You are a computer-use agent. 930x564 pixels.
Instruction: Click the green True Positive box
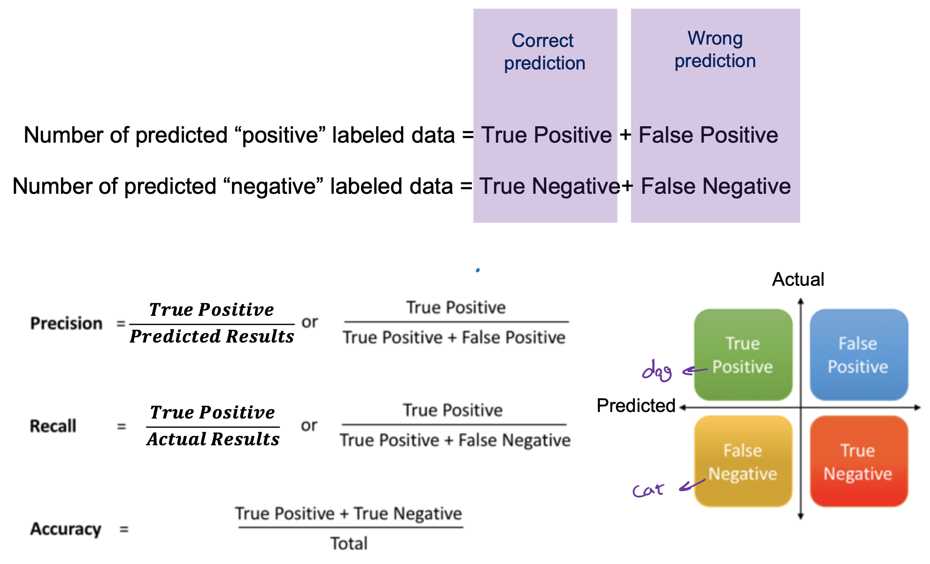click(x=743, y=355)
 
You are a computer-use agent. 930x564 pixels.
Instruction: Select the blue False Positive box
click(x=859, y=355)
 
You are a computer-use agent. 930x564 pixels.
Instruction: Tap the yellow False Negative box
click(x=743, y=461)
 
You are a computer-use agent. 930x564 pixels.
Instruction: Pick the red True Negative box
click(x=859, y=461)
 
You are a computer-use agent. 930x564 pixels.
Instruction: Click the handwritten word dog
click(x=657, y=371)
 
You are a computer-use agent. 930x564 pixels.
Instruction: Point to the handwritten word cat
click(x=648, y=490)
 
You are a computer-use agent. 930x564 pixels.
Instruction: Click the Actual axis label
click(x=798, y=279)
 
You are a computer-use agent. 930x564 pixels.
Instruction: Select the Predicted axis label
click(x=636, y=405)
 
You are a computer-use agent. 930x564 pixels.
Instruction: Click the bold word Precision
click(x=66, y=323)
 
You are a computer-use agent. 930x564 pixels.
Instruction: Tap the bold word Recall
click(x=53, y=426)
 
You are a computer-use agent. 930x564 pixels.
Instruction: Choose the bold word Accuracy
click(x=66, y=529)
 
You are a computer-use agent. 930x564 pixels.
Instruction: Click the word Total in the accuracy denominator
click(x=349, y=543)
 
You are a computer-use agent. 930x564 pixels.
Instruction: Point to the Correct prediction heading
click(x=544, y=52)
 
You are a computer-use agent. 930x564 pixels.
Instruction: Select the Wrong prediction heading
click(x=715, y=49)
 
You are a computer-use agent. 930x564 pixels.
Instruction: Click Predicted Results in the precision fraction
click(x=212, y=336)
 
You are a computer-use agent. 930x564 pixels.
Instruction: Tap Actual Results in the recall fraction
click(x=213, y=439)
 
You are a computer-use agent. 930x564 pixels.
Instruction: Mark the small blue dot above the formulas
click(x=478, y=270)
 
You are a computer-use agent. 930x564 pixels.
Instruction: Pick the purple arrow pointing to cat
click(x=692, y=485)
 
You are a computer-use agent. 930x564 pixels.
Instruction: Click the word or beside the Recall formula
click(x=309, y=426)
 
